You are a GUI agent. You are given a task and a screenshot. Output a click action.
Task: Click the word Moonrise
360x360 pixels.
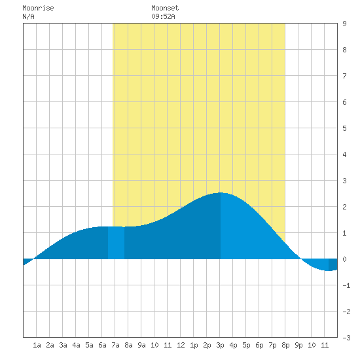pos(38,8)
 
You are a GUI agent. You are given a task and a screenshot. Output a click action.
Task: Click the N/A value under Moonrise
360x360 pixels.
pos(28,16)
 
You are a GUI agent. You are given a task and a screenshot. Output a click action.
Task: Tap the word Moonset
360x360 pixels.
pos(165,8)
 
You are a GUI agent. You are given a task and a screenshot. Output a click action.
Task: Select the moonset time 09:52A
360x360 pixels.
pos(163,16)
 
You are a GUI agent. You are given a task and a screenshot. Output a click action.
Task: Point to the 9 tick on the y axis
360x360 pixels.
pos(344,24)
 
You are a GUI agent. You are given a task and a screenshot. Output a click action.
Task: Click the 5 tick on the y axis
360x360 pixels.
pos(344,128)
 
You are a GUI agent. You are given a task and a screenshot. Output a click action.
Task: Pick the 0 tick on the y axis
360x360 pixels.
pos(344,259)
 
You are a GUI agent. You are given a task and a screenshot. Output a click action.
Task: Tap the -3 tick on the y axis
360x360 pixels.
pos(346,338)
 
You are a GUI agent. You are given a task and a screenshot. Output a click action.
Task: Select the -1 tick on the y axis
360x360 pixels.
pos(346,285)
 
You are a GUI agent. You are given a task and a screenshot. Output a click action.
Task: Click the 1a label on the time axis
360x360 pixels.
pos(37,345)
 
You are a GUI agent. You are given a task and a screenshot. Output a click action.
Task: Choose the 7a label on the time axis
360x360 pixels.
pos(115,345)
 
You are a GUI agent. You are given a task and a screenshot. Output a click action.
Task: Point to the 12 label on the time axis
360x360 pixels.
pos(181,345)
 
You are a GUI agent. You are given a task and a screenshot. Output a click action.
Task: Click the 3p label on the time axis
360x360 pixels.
pos(220,345)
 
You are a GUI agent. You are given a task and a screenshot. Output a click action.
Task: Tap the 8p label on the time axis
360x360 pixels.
pos(285,345)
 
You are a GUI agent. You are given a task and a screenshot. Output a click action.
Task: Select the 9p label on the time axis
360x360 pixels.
pos(298,345)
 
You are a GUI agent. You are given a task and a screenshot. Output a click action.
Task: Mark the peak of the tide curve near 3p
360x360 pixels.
pos(220,192)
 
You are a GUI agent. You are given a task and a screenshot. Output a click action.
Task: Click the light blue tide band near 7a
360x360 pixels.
pos(116,243)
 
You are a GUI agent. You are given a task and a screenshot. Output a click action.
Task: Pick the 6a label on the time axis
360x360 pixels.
pos(102,345)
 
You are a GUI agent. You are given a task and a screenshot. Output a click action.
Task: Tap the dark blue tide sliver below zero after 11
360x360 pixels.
pos(333,264)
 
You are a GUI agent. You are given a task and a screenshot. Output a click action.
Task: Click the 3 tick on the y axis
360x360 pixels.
pos(344,181)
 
